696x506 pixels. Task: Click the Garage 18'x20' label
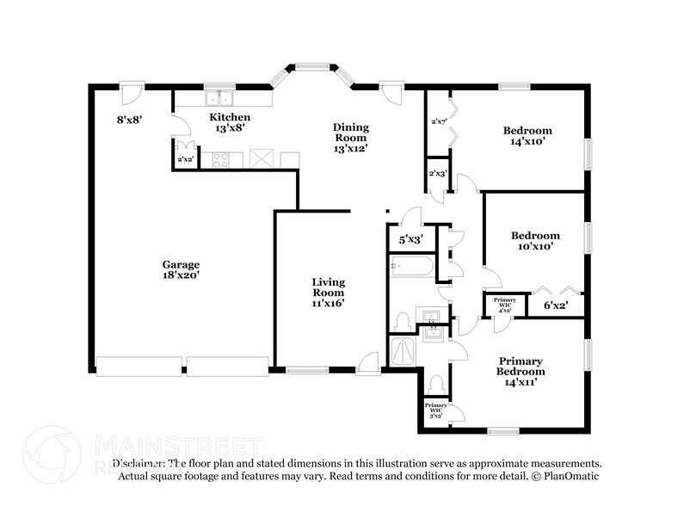click(x=182, y=269)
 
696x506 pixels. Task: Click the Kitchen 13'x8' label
click(x=230, y=122)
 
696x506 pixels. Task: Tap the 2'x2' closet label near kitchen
click(x=183, y=159)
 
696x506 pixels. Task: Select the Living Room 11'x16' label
click(x=328, y=292)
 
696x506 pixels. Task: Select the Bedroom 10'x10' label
click(x=535, y=240)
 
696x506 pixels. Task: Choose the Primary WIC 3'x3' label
click(x=435, y=410)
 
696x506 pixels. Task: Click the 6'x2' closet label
click(x=555, y=304)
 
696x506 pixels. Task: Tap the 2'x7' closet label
click(x=437, y=121)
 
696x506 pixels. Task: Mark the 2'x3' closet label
click(x=437, y=174)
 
